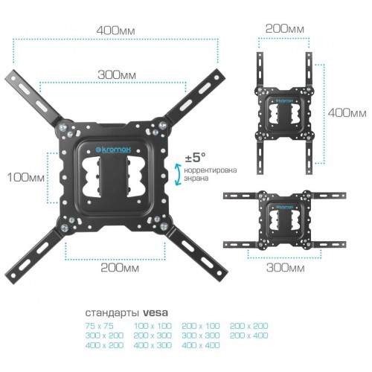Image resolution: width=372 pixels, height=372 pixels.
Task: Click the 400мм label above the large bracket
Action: [x=116, y=31]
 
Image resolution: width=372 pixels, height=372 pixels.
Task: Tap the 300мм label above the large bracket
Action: [x=117, y=75]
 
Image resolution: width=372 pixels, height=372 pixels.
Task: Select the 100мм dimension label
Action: [x=26, y=178]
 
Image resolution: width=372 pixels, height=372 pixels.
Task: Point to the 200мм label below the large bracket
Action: [x=120, y=268]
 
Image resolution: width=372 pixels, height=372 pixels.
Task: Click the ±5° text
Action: [x=195, y=157]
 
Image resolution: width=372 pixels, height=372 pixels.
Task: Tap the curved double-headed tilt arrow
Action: [x=178, y=174]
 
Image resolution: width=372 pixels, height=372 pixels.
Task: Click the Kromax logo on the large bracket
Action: [x=114, y=150]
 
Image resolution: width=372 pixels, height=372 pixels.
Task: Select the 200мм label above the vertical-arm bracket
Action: [x=285, y=29]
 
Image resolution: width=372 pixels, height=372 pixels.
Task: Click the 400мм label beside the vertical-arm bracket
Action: [x=347, y=113]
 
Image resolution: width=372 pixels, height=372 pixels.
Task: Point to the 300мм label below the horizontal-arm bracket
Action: [x=286, y=268]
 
